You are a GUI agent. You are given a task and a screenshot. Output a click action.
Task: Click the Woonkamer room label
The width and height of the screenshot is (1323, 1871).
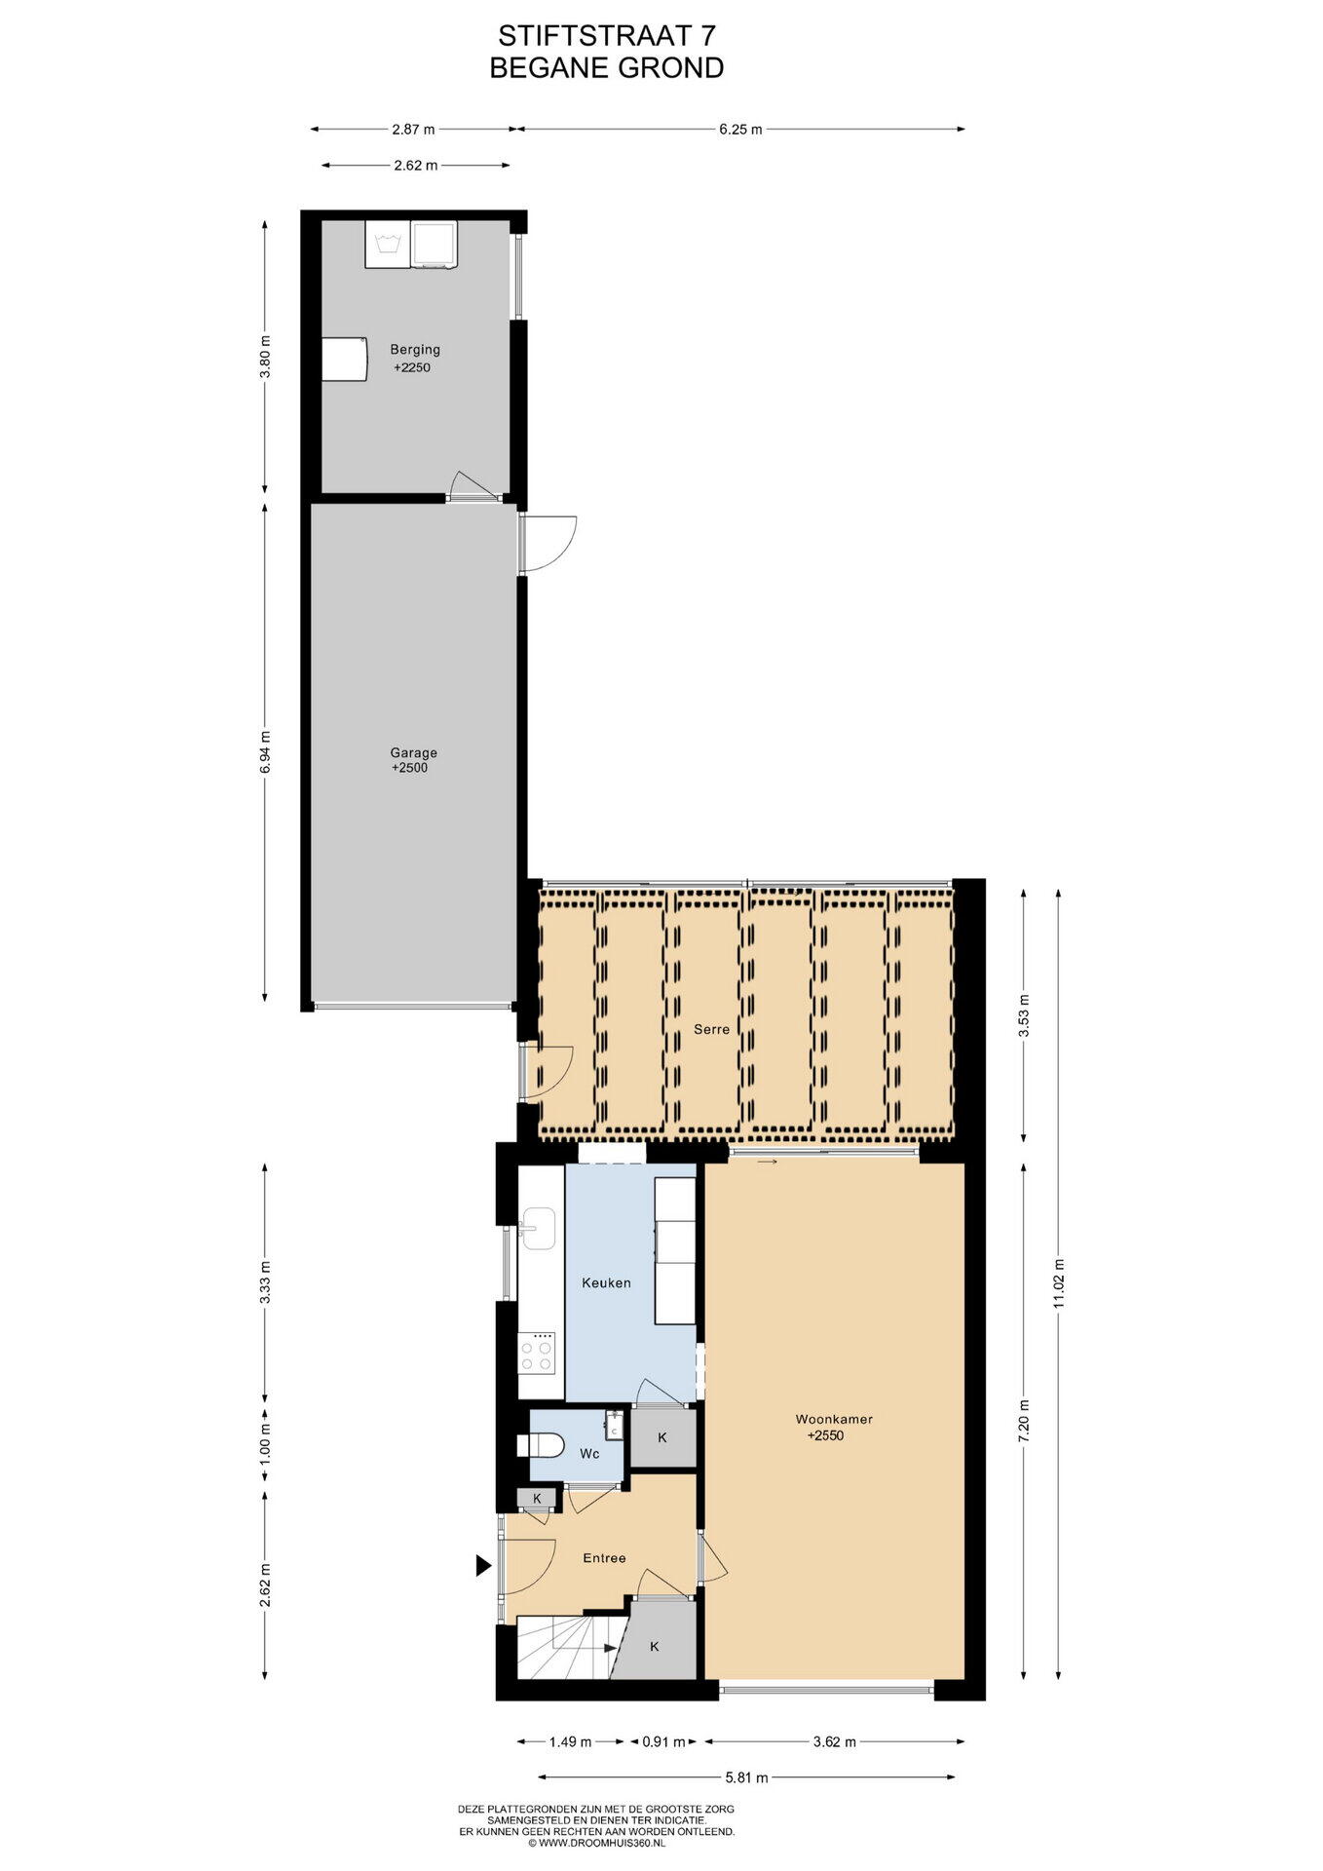834,1419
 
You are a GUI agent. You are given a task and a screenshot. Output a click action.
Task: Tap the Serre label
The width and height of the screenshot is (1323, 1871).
711,1029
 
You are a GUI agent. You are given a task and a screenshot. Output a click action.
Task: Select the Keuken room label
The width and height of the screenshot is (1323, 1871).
606,1282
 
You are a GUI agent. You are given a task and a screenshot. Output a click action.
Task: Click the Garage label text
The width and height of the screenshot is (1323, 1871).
413,752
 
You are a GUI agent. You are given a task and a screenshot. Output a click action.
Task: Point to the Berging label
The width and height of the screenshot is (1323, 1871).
415,349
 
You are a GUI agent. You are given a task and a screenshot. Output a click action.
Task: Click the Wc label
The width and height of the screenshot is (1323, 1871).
589,1454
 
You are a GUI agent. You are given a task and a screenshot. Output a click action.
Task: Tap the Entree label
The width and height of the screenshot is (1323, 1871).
604,1558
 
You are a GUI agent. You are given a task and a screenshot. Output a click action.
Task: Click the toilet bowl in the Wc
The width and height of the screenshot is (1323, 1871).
547,1445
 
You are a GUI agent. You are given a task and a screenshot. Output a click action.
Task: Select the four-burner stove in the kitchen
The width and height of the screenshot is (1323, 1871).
537,1352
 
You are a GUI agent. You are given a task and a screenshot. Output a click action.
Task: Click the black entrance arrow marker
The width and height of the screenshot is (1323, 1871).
482,1566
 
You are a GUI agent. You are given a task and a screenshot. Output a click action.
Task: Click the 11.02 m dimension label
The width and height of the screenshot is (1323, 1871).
1059,1285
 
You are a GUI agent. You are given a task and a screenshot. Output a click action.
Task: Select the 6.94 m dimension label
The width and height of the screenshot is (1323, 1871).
265,752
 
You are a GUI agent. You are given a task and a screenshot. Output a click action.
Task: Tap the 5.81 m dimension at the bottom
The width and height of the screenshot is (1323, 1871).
746,1777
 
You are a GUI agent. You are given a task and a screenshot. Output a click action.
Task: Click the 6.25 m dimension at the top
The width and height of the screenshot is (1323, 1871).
740,129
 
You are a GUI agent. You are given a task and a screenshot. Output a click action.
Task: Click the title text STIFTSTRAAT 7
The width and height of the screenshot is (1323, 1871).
606,36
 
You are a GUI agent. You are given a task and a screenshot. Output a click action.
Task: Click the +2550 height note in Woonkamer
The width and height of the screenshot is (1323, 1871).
825,1435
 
